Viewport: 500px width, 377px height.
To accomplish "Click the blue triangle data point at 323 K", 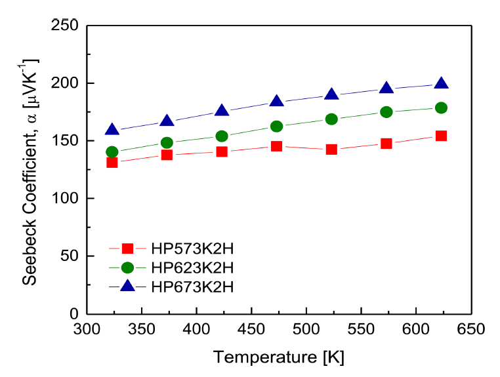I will click(112, 130).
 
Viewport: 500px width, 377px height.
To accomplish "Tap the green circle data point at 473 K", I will click(277, 126).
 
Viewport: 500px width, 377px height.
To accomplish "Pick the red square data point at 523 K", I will click(331, 149).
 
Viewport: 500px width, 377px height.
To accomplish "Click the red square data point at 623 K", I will click(441, 136).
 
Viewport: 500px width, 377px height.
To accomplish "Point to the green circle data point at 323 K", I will click(112, 152).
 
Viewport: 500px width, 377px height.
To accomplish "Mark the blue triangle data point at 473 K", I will click(277, 101).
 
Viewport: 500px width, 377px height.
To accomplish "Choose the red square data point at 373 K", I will click(167, 155).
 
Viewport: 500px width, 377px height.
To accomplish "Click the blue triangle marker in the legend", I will click(127, 285).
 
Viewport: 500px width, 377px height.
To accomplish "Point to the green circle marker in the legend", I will click(127, 268).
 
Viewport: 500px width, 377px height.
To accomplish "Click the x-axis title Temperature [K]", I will click(278, 357).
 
